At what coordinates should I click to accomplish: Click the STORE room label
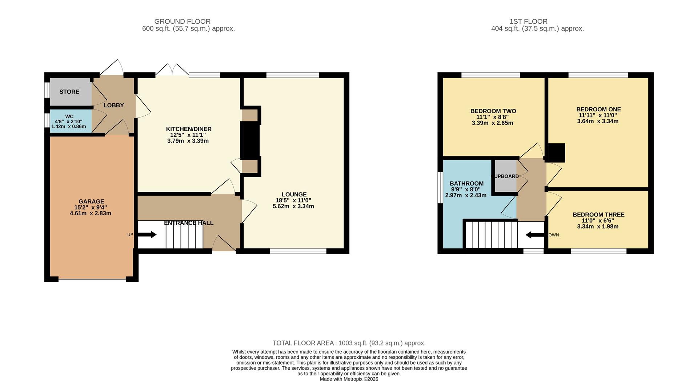(x=69, y=92)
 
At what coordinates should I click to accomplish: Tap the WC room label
(x=69, y=116)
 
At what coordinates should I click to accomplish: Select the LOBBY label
(x=113, y=105)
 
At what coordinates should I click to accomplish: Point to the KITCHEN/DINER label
(x=188, y=129)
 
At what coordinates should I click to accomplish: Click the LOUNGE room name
(x=294, y=195)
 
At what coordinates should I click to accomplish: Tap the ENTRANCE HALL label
(x=189, y=223)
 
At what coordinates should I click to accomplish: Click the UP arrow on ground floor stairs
(x=147, y=235)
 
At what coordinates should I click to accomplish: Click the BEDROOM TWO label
(x=493, y=111)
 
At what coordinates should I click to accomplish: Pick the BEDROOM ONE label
(x=598, y=110)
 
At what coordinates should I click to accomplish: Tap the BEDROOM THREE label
(x=598, y=215)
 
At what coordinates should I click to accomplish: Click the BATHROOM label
(x=466, y=184)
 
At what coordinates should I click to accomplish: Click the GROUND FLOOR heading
(x=182, y=21)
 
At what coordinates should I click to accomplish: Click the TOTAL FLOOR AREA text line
(x=349, y=343)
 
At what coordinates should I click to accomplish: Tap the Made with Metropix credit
(x=349, y=379)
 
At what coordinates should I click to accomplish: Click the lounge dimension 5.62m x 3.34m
(x=293, y=206)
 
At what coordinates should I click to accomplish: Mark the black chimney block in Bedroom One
(x=556, y=153)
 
